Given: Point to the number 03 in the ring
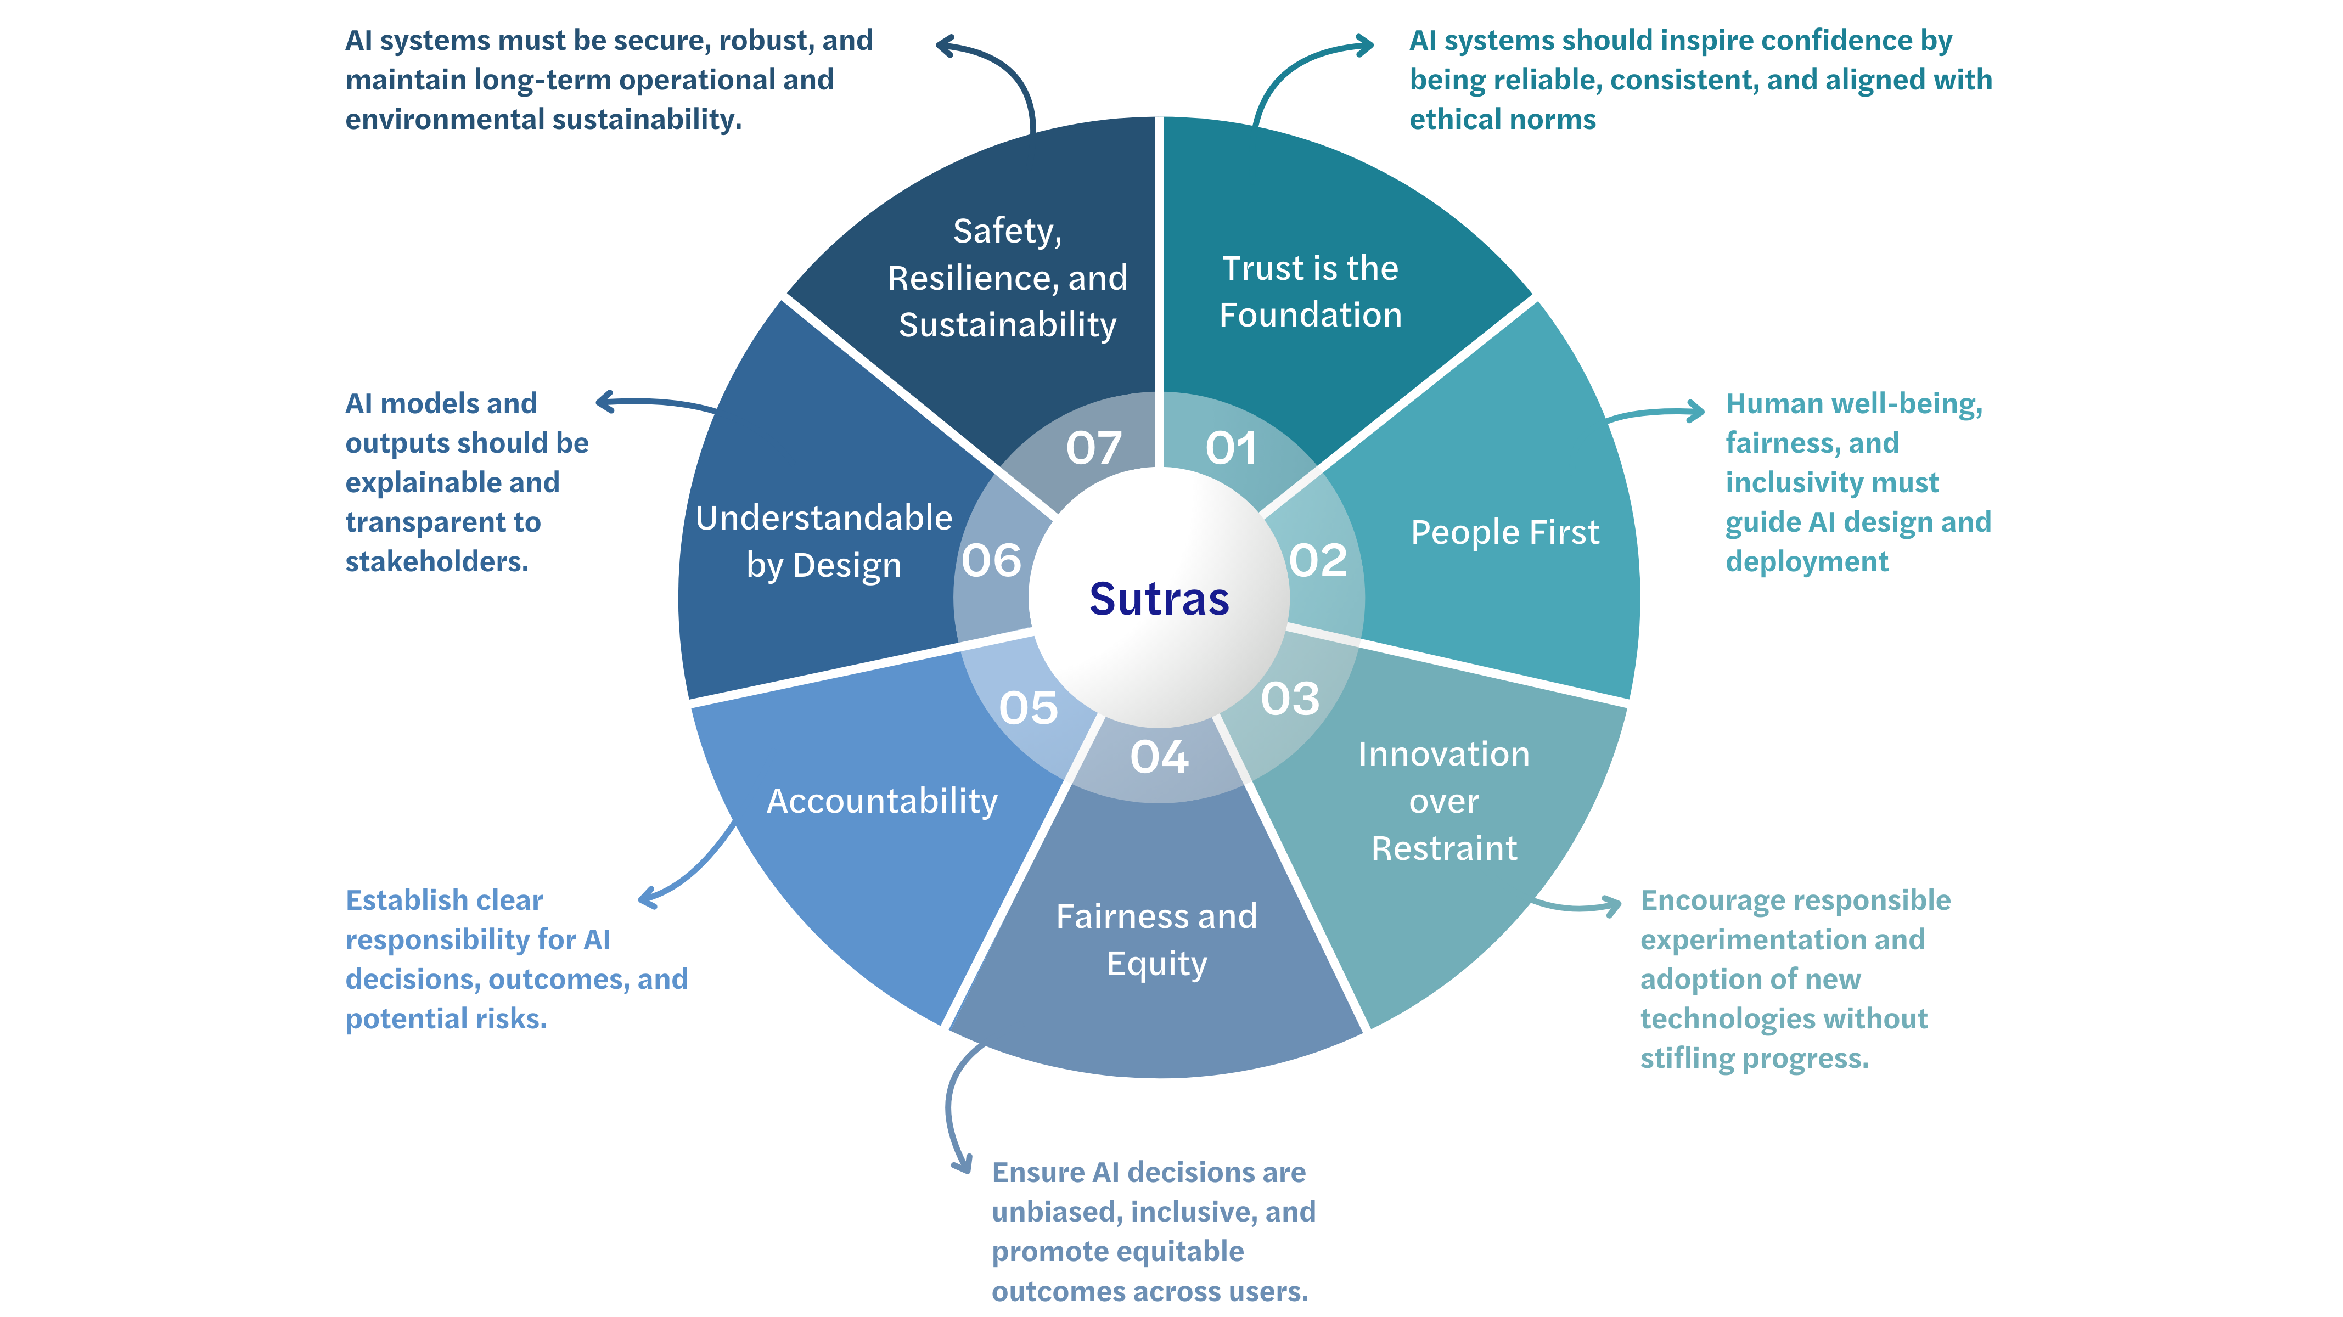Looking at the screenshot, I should coord(1290,699).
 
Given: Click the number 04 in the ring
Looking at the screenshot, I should coord(1160,757).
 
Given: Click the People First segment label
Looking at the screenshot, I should coord(1504,533).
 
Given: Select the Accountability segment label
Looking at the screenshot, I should coord(881,801).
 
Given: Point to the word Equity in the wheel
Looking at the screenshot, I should coord(1157,963).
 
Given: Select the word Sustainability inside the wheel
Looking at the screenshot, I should coord(1007,325).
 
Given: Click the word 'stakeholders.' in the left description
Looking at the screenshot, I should coord(436,562).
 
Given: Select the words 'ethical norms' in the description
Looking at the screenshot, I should coord(1503,119).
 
